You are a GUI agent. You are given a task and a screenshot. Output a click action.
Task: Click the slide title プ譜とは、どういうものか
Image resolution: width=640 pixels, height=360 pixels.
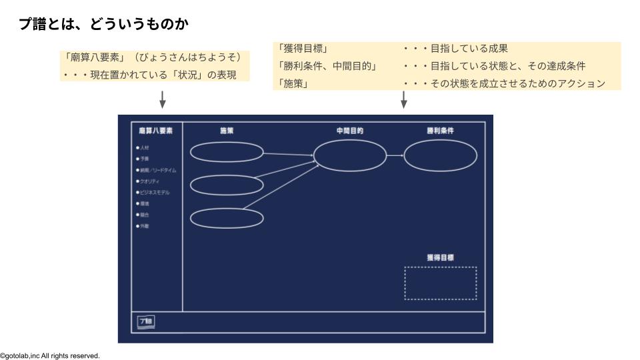point(104,25)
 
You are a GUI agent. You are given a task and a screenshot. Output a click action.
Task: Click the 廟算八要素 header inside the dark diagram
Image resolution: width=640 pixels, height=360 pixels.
point(155,131)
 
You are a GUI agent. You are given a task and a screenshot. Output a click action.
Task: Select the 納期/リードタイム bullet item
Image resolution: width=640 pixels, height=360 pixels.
point(157,170)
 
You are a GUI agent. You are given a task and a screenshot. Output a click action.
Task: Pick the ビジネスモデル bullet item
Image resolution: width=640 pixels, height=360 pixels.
point(153,193)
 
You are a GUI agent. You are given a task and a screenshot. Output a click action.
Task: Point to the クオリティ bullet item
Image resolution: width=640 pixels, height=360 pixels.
point(149,181)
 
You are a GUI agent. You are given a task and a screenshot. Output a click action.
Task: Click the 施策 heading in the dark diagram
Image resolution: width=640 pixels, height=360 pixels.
point(227,131)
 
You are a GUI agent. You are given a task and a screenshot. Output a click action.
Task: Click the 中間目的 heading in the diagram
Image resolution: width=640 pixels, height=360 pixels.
point(349,131)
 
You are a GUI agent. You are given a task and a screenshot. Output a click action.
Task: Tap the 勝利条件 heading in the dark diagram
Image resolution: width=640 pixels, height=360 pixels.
point(441,131)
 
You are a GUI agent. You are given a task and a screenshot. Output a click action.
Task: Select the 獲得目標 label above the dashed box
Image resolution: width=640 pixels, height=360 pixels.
point(441,257)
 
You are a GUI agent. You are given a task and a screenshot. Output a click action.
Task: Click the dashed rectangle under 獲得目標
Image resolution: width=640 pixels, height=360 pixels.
point(441,283)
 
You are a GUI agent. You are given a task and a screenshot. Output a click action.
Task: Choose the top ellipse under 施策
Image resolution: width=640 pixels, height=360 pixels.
point(227,152)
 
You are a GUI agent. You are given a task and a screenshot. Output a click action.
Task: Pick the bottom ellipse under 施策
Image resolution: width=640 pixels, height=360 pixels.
point(227,218)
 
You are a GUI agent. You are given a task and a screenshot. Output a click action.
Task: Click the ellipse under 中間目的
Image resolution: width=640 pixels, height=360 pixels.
point(350,156)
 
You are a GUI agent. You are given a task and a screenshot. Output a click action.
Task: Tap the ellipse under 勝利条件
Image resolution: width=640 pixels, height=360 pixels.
point(441,156)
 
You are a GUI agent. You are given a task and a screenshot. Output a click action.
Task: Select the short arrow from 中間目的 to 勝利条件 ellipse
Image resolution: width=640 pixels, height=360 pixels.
point(395,156)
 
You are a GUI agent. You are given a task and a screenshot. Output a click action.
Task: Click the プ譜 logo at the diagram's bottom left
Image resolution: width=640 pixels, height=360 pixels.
point(146,322)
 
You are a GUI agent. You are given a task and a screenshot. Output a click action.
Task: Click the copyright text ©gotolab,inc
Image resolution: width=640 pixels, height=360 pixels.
point(50,356)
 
